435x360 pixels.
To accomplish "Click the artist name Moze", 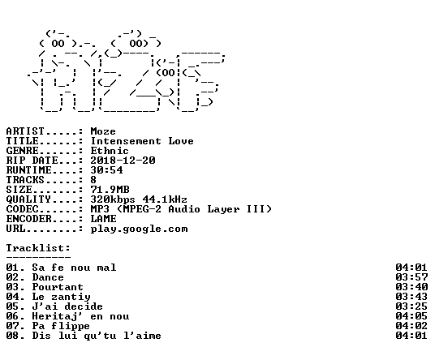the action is tap(103, 131).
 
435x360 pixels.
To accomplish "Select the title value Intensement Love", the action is tap(142, 141).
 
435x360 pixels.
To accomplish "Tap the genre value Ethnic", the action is tap(110, 151).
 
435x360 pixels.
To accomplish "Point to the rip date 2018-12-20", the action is tap(123, 161).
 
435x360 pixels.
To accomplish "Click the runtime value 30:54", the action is tap(106, 170).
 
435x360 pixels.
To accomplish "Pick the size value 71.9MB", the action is tap(110, 190).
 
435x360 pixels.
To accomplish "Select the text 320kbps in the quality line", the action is tap(113, 199).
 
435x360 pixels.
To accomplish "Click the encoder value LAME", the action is tap(104, 219).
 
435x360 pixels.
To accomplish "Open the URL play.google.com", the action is tap(140, 229).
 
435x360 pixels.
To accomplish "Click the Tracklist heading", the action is tap(38, 248).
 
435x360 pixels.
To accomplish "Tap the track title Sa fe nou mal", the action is tap(74, 268).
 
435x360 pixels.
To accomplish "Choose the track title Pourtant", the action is tap(58, 287).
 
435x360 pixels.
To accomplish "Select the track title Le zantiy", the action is tap(62, 297).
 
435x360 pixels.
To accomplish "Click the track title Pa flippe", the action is tap(61, 326).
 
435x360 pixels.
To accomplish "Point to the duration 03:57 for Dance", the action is tap(411, 277).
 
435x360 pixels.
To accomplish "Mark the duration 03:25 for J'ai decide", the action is tap(411, 306).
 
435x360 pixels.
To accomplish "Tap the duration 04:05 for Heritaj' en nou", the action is tap(411, 316).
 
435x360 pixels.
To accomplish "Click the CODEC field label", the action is tap(23, 209).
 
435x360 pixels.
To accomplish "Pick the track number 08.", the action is tap(13, 336).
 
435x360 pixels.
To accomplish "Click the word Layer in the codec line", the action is tap(224, 209).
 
